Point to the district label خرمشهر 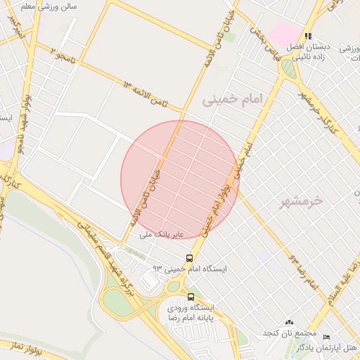point(300,201)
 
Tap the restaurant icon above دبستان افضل point(307,36)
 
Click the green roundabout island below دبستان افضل point(288,68)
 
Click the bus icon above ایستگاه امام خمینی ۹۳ point(189,258)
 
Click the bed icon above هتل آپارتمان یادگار point(326,337)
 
